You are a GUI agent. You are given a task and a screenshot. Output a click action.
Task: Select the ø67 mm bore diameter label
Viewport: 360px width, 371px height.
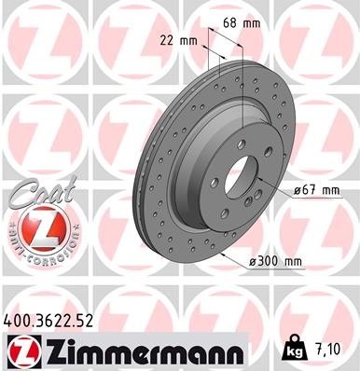click(318, 190)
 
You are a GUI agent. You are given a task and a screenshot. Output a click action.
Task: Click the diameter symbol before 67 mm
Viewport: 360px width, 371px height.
click(298, 190)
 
